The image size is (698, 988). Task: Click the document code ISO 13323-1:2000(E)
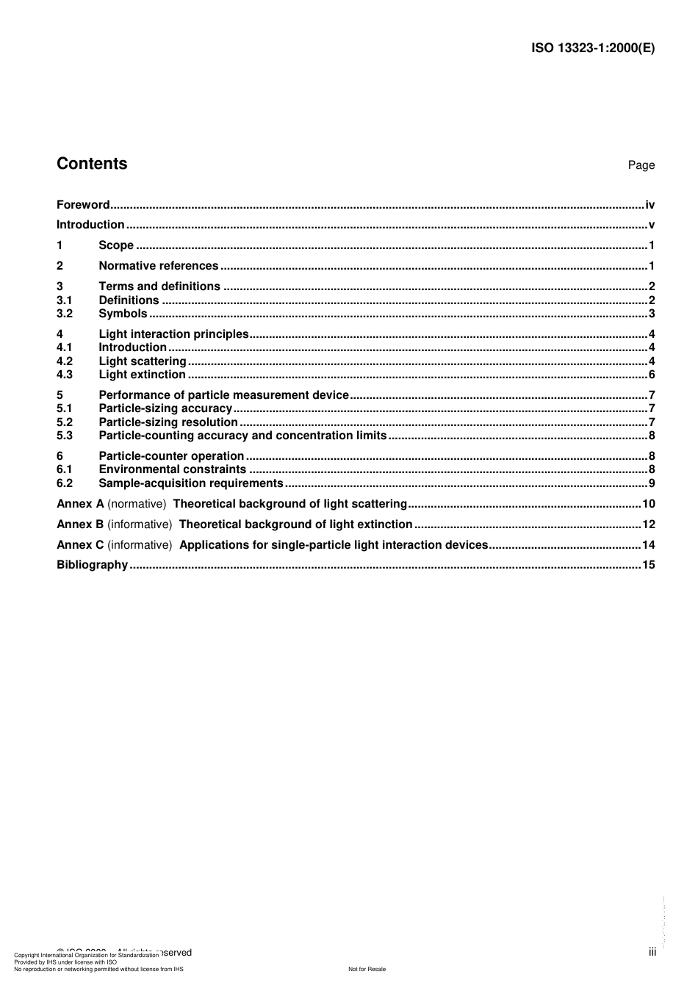(592, 48)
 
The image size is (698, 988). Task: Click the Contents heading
(92, 164)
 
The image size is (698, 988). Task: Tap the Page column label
(641, 165)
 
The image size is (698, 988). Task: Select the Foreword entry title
(83, 205)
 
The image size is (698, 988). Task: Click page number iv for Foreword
(650, 205)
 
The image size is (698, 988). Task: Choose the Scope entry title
(116, 245)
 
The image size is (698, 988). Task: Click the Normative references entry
(159, 266)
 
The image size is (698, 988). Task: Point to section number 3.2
(65, 314)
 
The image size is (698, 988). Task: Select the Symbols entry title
(123, 314)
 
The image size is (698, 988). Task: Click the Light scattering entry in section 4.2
(143, 361)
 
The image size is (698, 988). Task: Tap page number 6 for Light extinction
(651, 375)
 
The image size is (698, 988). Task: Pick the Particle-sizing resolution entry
(168, 422)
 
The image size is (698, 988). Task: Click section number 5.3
(65, 436)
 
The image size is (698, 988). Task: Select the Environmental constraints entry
(173, 469)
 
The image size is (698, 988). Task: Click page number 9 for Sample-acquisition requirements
(651, 483)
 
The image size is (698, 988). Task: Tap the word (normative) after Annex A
(137, 504)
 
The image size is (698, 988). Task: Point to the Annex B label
(80, 524)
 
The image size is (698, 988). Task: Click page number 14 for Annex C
(648, 545)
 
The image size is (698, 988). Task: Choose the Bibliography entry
(93, 565)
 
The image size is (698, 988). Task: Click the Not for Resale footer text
(367, 969)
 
